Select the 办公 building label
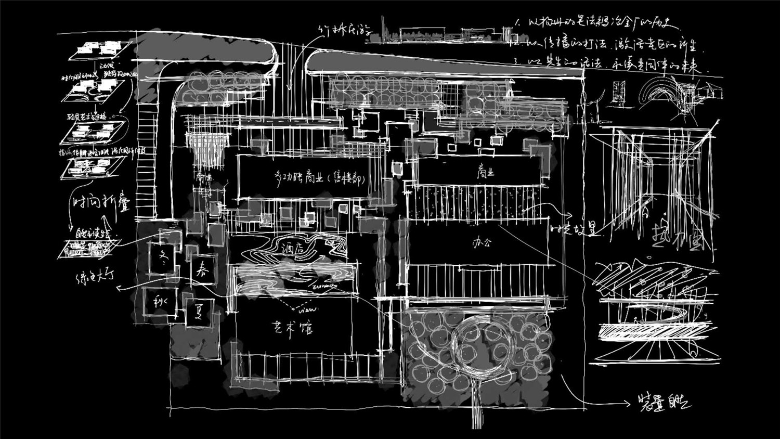click(x=481, y=242)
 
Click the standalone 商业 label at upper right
click(x=485, y=172)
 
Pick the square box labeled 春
click(x=202, y=269)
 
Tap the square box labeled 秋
click(x=159, y=302)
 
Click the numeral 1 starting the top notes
click(x=517, y=23)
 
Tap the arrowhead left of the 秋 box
click(x=119, y=287)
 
